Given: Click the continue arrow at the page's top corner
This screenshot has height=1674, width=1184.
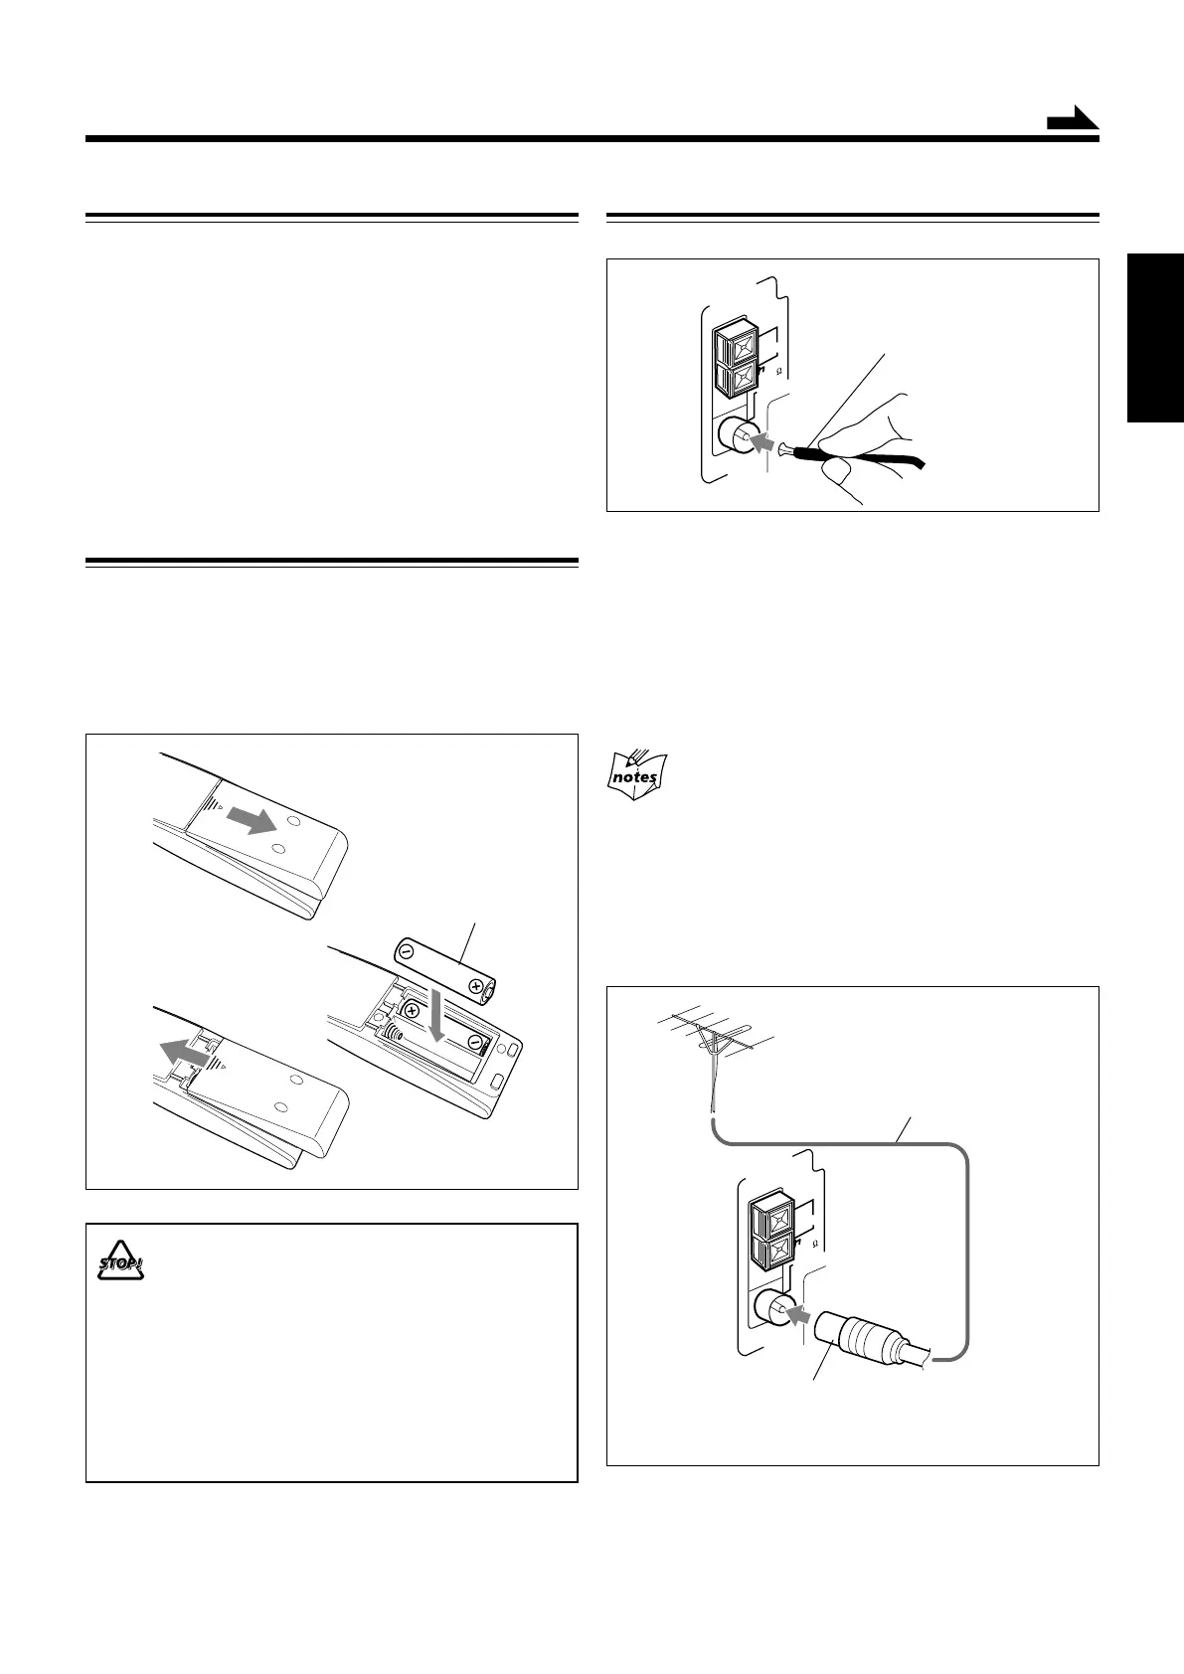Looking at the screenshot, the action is tap(1072, 120).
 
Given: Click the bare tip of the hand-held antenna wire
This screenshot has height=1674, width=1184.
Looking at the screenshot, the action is tap(785, 449).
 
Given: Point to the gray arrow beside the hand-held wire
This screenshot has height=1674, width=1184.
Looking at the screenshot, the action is tap(761, 442).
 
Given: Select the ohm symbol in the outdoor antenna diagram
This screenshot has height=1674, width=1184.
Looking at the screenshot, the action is tap(815, 1244).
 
